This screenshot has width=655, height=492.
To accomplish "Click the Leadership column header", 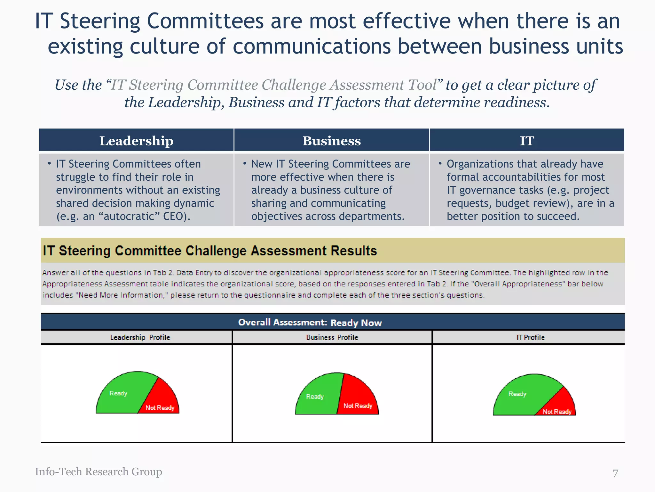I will (136, 141).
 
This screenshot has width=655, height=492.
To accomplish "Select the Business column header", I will (332, 141).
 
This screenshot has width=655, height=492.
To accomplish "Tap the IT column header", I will (527, 141).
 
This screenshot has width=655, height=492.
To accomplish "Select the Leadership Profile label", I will (140, 337).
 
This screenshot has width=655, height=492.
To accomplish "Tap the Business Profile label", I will (332, 337).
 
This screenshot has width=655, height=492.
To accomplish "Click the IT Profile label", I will (531, 337).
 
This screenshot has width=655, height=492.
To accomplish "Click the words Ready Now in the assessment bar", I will (356, 323).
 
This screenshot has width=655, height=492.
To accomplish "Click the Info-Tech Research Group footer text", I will (99, 472).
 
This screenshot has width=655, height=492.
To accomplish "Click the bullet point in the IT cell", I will (440, 164).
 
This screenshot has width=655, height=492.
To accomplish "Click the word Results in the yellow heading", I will (354, 251).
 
